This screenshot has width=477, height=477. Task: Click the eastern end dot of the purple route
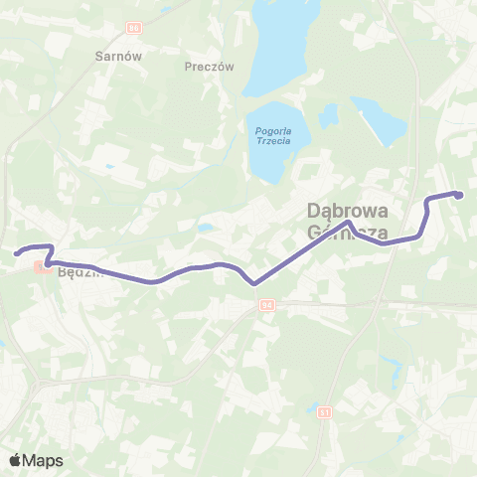click(x=459, y=195)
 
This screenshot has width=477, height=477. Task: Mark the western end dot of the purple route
click(x=17, y=252)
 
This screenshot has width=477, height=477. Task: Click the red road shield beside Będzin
click(x=42, y=265)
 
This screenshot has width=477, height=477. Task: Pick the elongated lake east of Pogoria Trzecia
click(x=377, y=119)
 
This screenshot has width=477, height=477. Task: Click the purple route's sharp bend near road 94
click(x=254, y=282)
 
